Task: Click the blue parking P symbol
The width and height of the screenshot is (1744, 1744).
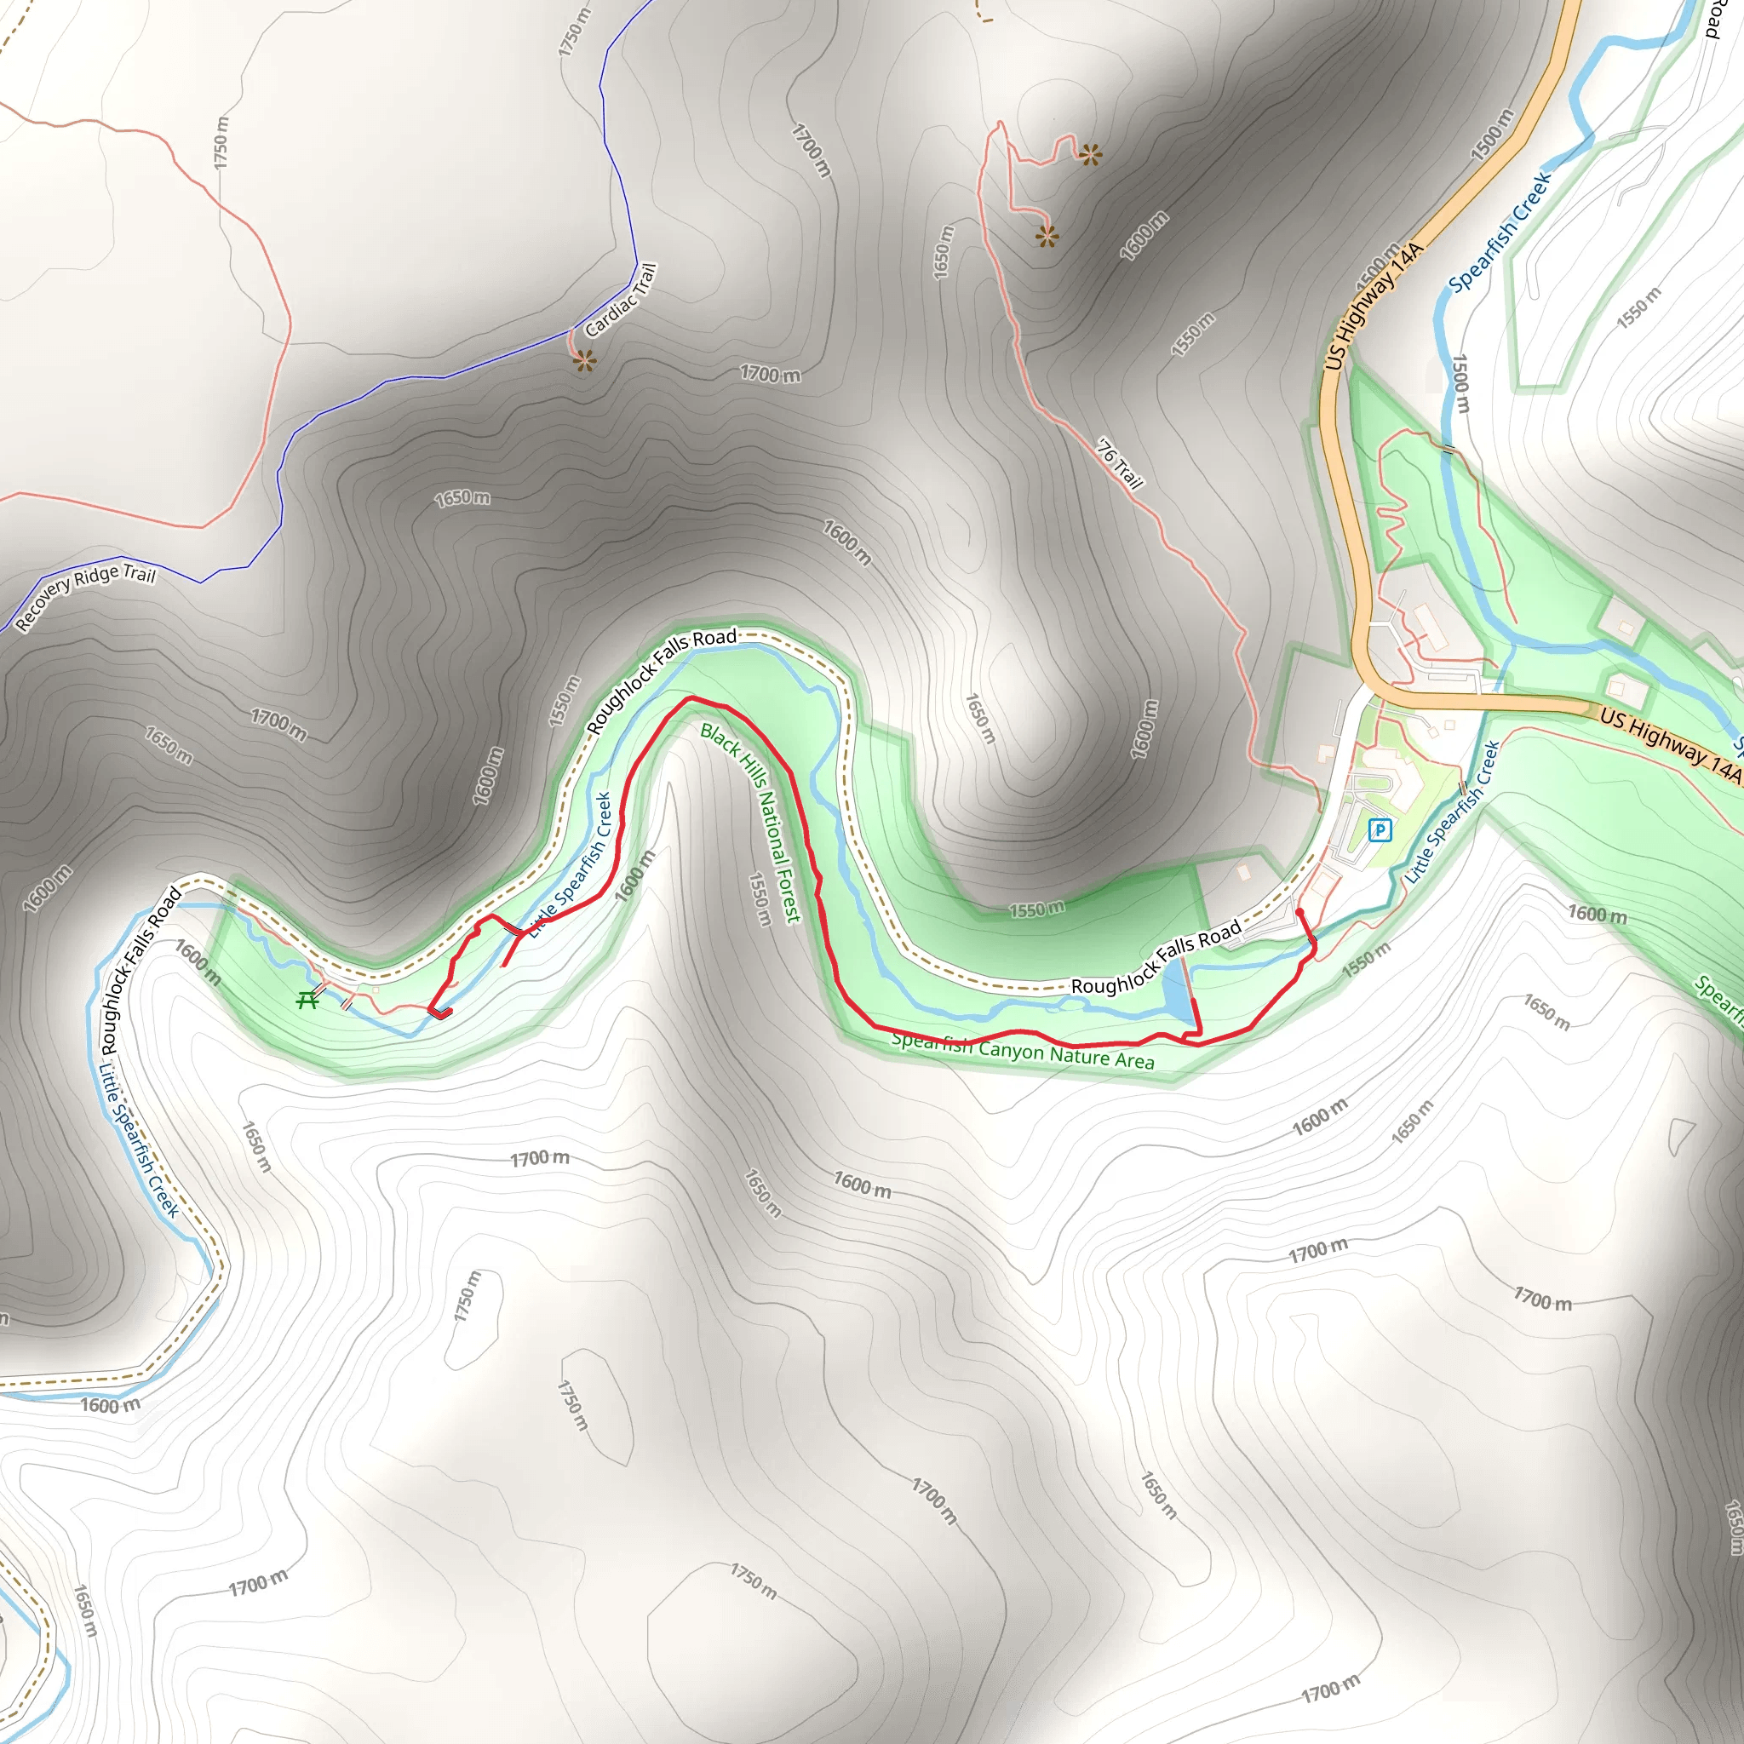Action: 1380,829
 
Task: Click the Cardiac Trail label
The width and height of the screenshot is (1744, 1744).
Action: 621,301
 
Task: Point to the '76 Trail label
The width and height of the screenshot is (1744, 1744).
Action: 1119,462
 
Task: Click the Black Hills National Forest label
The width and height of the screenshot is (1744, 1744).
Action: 751,823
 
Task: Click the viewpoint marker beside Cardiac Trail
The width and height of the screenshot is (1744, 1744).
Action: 584,361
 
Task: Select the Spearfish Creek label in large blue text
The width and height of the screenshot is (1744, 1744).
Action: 1500,231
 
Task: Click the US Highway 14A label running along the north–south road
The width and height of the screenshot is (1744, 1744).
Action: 1373,306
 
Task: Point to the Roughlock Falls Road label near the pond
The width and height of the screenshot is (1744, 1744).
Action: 1156,958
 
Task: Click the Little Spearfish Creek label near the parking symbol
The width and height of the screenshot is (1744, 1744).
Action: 1452,812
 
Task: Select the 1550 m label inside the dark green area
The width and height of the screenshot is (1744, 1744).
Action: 1036,909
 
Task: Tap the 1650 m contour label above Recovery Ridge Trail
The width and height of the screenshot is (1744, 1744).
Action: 462,497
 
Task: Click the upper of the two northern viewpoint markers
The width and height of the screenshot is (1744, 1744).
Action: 1091,155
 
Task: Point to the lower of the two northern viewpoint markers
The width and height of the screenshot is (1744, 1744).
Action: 1047,237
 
